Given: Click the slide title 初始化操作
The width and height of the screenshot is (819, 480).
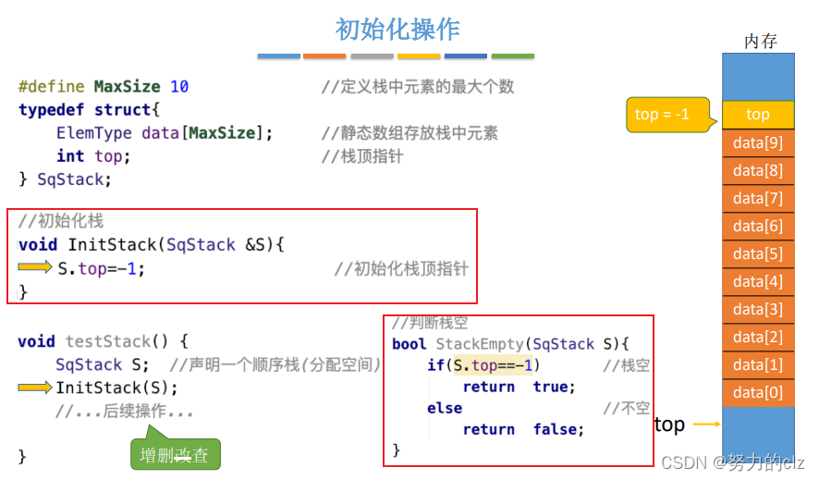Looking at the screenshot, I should pos(397,29).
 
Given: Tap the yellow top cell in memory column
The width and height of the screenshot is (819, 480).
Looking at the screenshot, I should pos(757,115).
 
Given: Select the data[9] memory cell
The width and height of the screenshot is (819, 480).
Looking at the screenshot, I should pos(757,142).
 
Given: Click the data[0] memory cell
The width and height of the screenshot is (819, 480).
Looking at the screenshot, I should pos(757,392).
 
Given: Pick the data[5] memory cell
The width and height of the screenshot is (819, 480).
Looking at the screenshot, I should pos(757,253).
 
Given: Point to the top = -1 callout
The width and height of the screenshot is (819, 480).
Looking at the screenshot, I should pos(664,115).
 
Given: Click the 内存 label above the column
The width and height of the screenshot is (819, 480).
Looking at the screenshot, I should pos(760,41).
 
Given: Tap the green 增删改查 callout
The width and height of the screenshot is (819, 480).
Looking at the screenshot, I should pos(176,454).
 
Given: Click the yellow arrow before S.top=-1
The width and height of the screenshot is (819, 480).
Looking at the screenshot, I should pos(36,267).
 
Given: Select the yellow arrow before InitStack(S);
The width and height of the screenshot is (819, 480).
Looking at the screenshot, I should pos(36,387).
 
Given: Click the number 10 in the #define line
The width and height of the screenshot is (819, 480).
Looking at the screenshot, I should pos(179,86).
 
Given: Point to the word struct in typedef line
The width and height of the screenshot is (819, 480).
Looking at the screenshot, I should pos(122,109).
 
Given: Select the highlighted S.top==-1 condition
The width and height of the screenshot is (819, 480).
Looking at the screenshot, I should pos(496,365).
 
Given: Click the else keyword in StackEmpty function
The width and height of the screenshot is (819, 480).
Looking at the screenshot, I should pos(445,408).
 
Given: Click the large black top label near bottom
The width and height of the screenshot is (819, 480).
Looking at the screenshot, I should pos(669,425).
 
